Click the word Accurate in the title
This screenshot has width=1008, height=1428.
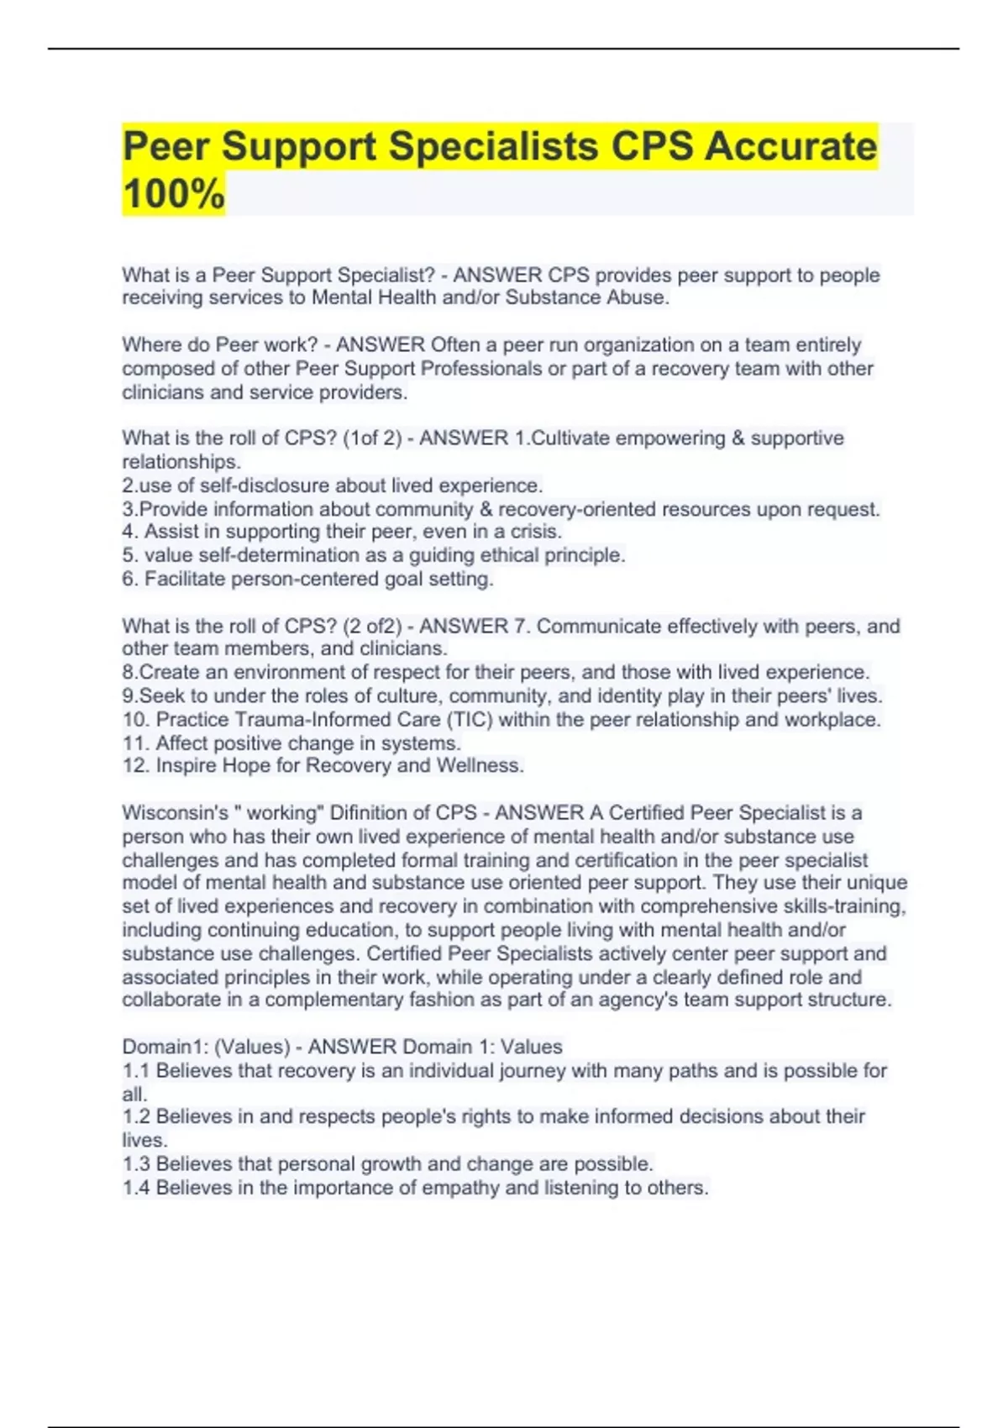coord(790,146)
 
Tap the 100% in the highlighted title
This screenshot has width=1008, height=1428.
coord(174,194)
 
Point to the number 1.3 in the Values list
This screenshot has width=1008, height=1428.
coord(136,1164)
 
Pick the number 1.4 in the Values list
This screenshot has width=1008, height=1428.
coord(136,1188)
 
